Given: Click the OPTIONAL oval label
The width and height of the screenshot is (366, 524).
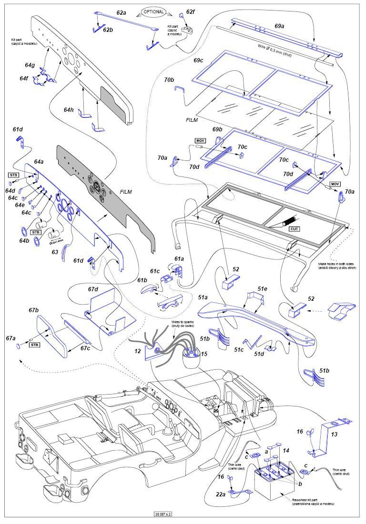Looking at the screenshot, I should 153,11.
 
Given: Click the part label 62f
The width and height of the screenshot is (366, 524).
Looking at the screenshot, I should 190,11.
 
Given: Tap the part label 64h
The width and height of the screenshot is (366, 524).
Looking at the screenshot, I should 69,109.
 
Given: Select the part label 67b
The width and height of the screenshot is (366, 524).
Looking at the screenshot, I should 33,310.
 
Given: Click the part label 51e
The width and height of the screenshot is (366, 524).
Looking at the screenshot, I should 263,288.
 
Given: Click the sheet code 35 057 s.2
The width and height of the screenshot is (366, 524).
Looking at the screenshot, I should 163,514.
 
